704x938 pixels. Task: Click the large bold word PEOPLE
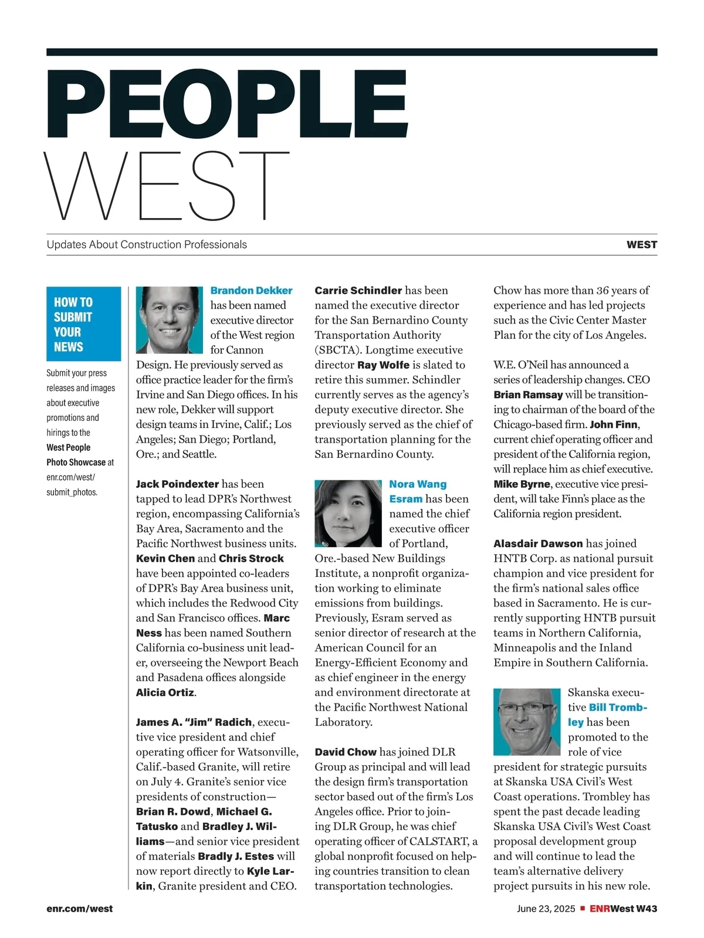click(x=228, y=107)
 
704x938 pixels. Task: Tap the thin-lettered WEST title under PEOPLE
click(x=167, y=186)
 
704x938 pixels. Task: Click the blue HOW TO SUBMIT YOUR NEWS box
click(x=83, y=324)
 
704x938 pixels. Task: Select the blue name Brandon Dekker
click(x=251, y=291)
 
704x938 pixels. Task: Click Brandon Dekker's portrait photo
click(x=169, y=320)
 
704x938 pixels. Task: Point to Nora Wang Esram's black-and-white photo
click(x=348, y=514)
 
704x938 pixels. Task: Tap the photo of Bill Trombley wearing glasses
click(x=527, y=722)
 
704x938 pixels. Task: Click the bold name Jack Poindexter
click(x=177, y=484)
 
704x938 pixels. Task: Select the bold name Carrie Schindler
click(x=358, y=291)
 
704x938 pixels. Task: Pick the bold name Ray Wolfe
click(x=383, y=365)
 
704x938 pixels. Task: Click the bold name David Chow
click(x=345, y=752)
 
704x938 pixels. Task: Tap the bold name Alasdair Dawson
click(x=538, y=544)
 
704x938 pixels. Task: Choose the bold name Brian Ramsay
click(x=528, y=395)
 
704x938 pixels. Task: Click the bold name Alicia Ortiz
click(x=165, y=693)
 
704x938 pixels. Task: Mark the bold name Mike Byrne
click(x=522, y=484)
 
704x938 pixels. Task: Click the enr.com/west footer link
click(x=79, y=909)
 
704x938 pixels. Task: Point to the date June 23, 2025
click(x=546, y=909)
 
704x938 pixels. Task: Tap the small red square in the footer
click(x=583, y=908)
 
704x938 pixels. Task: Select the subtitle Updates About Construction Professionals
click(x=147, y=245)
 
